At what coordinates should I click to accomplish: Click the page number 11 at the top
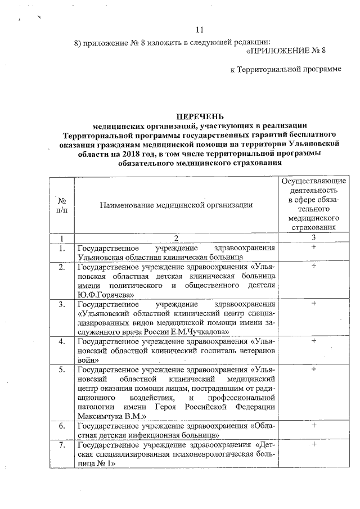(x=200, y=30)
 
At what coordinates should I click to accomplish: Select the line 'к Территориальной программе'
(x=286, y=69)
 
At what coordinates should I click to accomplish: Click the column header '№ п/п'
(x=61, y=205)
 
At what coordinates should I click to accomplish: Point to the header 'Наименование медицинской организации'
(x=176, y=205)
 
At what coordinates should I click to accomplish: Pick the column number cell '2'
(x=176, y=238)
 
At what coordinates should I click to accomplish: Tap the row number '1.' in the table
(x=61, y=248)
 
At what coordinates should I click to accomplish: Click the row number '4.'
(x=61, y=341)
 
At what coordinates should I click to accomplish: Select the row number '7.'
(x=61, y=445)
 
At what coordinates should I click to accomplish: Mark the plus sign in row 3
(x=313, y=304)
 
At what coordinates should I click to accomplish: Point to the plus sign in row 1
(x=313, y=247)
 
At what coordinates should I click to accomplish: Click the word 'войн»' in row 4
(x=89, y=359)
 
